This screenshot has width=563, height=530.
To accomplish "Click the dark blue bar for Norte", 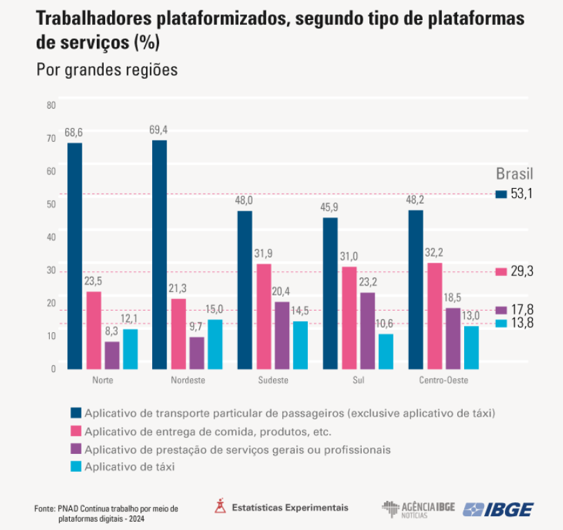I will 75,256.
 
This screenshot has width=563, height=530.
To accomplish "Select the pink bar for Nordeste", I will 178,333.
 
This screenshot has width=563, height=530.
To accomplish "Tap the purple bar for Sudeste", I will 282,335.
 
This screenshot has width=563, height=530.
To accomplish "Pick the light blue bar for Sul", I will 386,351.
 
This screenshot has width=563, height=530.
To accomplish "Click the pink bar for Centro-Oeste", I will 434,316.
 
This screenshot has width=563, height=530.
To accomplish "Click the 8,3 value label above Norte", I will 112,331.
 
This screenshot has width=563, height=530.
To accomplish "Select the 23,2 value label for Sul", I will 368,282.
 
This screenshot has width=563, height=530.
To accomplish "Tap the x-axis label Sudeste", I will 273,381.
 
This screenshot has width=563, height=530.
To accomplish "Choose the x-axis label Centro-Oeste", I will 443,381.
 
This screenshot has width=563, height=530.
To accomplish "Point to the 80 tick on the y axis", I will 51,105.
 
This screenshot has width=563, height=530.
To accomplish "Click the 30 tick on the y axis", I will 51,271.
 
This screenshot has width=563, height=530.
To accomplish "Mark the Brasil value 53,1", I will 522,194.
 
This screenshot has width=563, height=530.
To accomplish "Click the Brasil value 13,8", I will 522,323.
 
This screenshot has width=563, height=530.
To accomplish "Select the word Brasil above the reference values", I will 515,174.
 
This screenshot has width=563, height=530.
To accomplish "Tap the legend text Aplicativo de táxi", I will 129,467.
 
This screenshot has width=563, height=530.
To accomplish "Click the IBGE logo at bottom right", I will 498,509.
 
